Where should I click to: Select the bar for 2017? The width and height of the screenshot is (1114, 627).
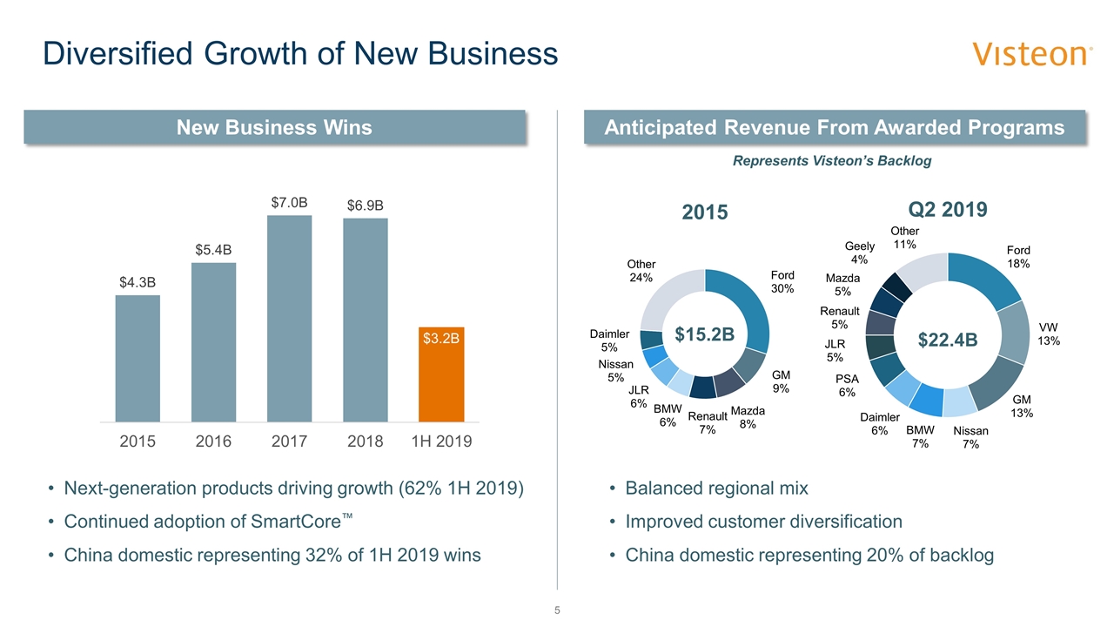[289, 318]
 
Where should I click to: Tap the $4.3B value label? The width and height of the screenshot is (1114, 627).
[138, 282]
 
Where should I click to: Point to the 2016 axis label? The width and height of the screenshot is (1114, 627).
[213, 442]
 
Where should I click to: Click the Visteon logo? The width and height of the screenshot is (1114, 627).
[1032, 54]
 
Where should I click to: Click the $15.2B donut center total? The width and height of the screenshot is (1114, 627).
[705, 334]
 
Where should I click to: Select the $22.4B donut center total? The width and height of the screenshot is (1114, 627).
[949, 340]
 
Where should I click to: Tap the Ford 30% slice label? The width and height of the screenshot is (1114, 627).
[782, 282]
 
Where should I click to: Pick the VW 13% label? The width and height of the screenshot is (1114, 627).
[1049, 334]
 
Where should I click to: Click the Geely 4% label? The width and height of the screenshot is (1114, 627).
[859, 253]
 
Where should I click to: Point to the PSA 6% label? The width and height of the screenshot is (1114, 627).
[847, 386]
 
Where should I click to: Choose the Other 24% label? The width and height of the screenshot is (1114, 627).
[641, 271]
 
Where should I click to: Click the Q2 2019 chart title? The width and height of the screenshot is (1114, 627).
[949, 210]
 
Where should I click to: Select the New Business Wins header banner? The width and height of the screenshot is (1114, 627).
[274, 127]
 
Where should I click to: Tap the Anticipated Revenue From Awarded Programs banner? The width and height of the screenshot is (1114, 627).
[835, 127]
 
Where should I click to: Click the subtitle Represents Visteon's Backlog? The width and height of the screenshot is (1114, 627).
[832, 161]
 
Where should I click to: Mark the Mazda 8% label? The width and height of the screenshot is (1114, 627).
[747, 417]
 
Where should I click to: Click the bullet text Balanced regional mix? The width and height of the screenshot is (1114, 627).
[716, 489]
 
